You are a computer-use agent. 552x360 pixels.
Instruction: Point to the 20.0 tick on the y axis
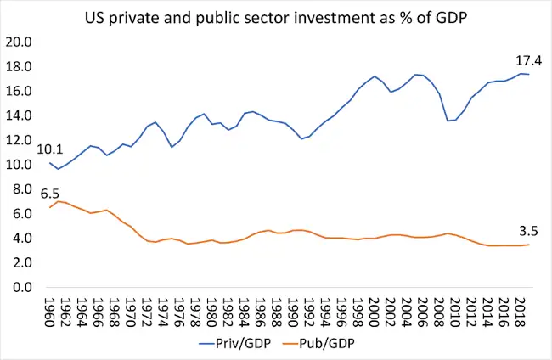click(x=19, y=42)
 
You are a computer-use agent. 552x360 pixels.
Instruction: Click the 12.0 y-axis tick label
click(x=19, y=140)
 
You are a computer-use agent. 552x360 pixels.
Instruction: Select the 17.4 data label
click(x=528, y=60)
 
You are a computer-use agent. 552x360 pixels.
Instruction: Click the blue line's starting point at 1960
click(x=51, y=163)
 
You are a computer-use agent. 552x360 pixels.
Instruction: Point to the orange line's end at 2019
click(x=528, y=245)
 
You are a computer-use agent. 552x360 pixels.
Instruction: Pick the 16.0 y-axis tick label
click(x=19, y=91)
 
